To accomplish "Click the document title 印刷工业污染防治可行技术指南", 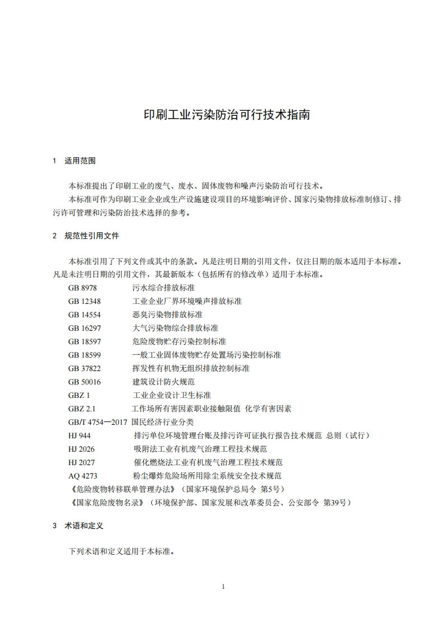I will (x=222, y=115).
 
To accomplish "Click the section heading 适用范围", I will (x=80, y=161).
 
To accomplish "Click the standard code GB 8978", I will (x=83, y=288).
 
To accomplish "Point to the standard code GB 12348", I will (x=85, y=301).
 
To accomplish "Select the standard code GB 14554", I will (x=85, y=315).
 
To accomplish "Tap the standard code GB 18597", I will (x=85, y=341).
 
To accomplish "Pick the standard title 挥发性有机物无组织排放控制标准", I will (x=191, y=368).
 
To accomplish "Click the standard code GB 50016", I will (x=85, y=382).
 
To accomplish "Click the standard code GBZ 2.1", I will (x=82, y=409).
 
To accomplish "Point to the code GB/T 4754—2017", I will (x=98, y=422).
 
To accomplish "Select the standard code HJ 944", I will (x=80, y=435).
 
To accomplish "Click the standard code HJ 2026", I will (x=81, y=449).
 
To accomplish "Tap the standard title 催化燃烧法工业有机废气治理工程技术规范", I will (x=208, y=462).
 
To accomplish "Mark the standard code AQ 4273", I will (x=83, y=476).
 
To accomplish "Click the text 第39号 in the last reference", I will (x=336, y=503).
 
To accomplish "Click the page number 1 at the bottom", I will (x=223, y=587).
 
